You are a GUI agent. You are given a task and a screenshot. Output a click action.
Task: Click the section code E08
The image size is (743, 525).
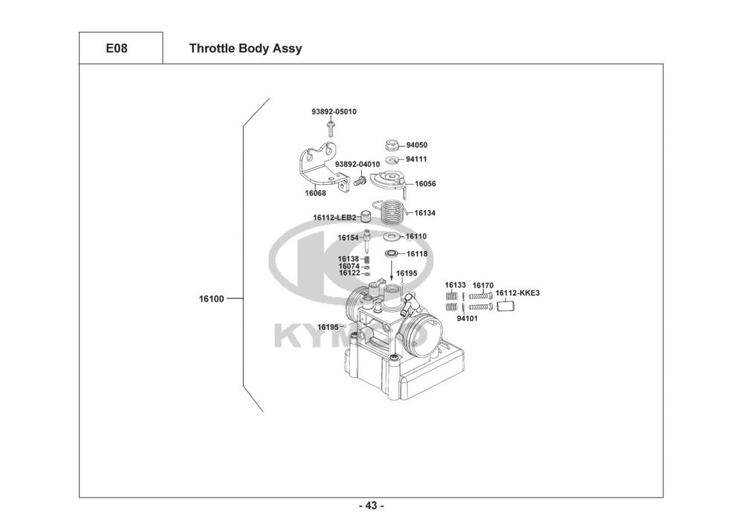[120, 49]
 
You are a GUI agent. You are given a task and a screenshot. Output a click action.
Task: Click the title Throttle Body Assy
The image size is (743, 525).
[245, 49]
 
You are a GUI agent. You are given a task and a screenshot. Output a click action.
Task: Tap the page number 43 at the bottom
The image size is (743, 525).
[371, 506]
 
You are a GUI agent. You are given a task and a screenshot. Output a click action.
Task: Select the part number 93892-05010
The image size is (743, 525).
[334, 111]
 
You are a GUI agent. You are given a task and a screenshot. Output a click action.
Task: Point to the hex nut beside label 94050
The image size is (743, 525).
[393, 145]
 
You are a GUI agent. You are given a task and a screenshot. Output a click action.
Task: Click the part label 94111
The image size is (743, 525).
[417, 159]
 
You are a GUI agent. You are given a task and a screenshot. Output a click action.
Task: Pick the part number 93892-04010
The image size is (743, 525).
[357, 164]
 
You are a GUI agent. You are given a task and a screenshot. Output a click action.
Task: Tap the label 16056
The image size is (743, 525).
[425, 183]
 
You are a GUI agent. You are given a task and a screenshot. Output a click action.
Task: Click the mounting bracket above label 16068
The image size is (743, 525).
[319, 168]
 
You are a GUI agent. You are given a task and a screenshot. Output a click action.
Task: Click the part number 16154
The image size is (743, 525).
[348, 238]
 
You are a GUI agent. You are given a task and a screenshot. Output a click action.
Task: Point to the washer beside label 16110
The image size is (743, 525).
[390, 237]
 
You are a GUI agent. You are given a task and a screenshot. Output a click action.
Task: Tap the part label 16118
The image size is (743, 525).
[417, 254]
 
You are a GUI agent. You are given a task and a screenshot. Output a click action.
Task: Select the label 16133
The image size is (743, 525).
[455, 285]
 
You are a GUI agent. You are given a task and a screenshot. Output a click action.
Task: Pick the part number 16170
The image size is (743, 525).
[483, 285]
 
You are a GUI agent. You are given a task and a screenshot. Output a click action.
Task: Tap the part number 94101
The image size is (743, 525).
[467, 318]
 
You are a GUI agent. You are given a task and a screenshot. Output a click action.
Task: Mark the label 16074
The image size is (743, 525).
[349, 266]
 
